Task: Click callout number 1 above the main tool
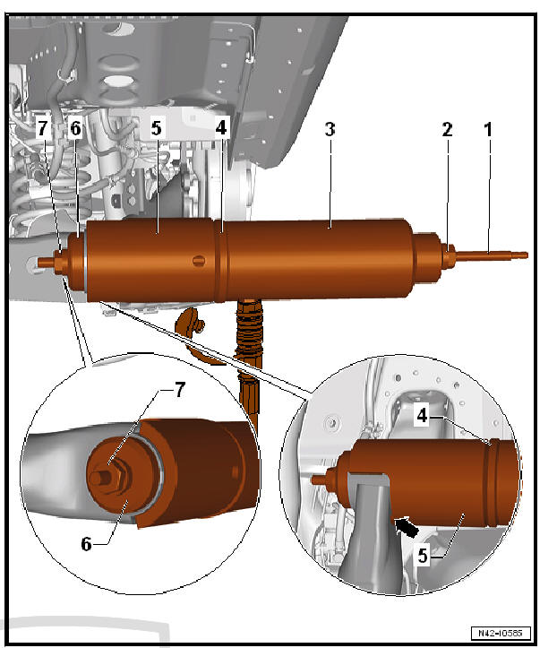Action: coord(488,129)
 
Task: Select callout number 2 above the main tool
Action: coord(447,129)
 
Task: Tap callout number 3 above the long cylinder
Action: coord(330,129)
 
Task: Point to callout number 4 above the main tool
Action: coord(221,129)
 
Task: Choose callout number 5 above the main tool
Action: coord(157,129)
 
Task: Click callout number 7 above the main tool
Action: coord(42,129)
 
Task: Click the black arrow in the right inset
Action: coord(405,525)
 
